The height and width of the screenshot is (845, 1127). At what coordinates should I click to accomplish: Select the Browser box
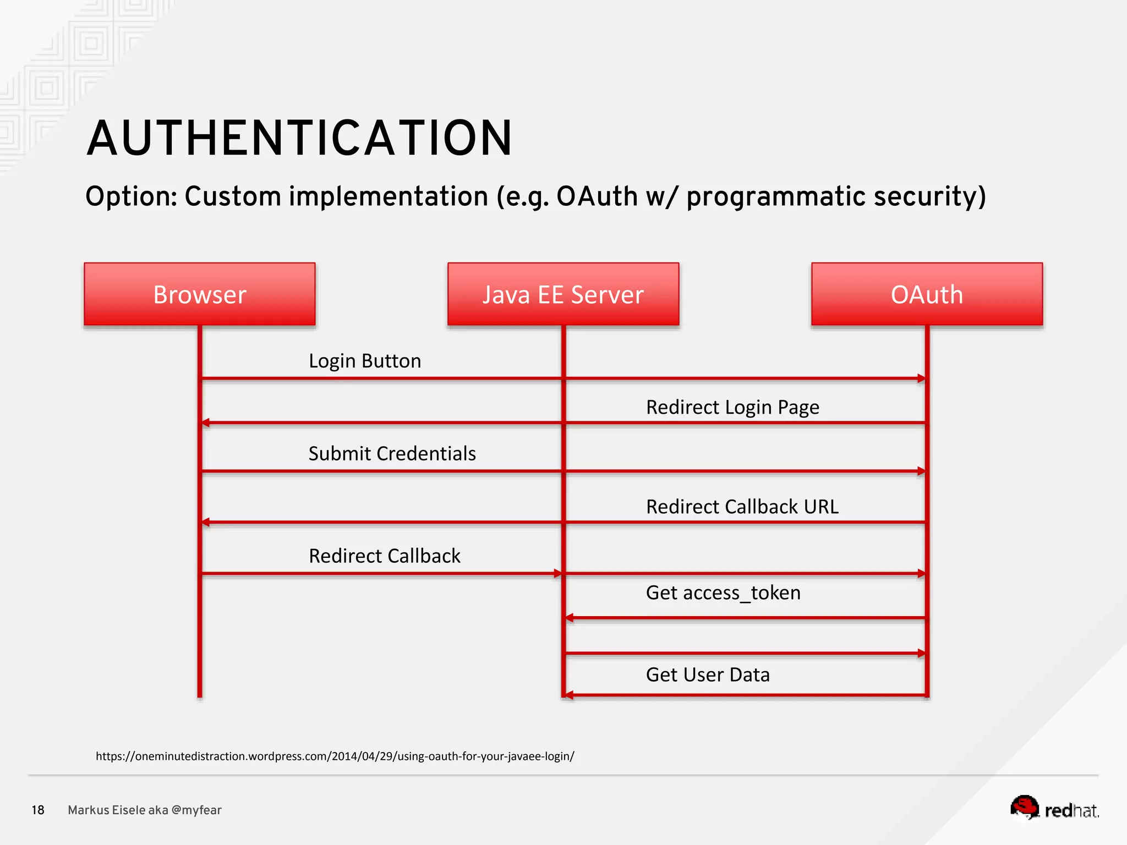[x=199, y=294]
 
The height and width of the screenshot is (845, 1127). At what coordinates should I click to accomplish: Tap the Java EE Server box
[x=563, y=294]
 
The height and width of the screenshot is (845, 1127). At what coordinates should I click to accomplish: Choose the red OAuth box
[x=927, y=294]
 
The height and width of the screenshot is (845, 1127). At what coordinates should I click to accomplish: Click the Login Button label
[x=365, y=361]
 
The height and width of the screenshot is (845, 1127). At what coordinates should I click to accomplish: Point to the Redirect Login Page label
[x=732, y=407]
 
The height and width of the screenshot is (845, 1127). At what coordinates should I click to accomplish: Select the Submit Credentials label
[x=392, y=453]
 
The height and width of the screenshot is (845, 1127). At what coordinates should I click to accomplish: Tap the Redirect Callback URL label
[x=742, y=506]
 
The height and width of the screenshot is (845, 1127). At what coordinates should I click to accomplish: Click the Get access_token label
[x=723, y=592]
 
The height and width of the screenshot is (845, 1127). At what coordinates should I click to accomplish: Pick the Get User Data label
[x=708, y=674]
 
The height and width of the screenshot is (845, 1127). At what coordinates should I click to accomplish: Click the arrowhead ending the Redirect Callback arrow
[x=558, y=573]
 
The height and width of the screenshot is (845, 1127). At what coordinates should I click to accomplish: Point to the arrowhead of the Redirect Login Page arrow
[x=206, y=422]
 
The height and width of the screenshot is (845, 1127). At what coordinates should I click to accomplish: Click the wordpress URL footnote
[x=335, y=756]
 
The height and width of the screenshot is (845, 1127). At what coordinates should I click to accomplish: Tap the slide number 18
[x=38, y=810]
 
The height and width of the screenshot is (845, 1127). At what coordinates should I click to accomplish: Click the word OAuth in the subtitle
[x=597, y=196]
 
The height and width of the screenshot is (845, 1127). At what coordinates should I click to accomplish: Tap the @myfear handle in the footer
[x=196, y=810]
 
